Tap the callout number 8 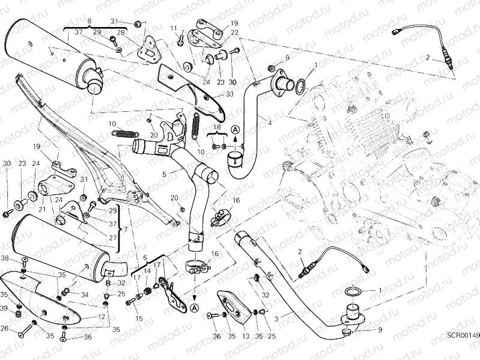89,21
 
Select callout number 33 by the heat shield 229,94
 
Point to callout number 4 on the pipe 270,123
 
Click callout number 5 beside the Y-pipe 163,175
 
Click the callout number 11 172,28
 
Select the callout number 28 121,32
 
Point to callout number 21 42,209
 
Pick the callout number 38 5,258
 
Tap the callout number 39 5,308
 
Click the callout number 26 5,328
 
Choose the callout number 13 245,337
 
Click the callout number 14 147,271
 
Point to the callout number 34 85,294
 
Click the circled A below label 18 235,129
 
